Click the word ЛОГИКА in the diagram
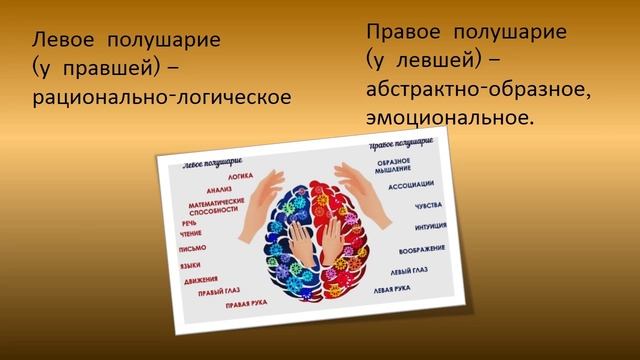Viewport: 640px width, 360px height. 240,175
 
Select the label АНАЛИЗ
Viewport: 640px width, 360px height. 219,189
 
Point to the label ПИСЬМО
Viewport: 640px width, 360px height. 191,248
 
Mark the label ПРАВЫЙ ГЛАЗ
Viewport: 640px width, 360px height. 217,292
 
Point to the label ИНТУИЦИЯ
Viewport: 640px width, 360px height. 413,227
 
